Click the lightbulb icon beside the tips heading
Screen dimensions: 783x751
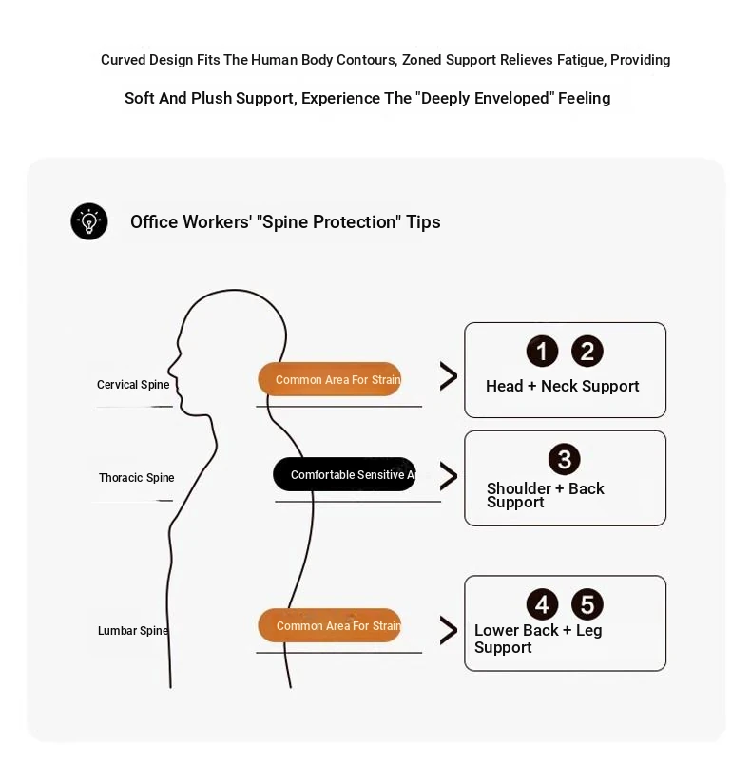(x=89, y=221)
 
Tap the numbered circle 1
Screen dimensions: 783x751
(x=542, y=352)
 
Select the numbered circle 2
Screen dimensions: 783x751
(x=587, y=352)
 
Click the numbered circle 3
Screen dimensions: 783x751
(x=565, y=460)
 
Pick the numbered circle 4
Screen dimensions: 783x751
(x=542, y=604)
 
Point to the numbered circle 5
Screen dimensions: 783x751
(x=587, y=604)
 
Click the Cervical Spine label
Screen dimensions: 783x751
(x=133, y=385)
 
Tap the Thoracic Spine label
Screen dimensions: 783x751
(x=137, y=478)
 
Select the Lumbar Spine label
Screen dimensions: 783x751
(x=133, y=631)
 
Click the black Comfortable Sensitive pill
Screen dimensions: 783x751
(x=344, y=474)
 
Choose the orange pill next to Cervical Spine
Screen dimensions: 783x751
(x=330, y=380)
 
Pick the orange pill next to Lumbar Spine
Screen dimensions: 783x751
(x=330, y=626)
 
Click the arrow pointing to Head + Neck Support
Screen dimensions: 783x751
(x=448, y=376)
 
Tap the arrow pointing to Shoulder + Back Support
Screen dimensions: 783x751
(x=448, y=476)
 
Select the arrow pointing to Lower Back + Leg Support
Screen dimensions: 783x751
(x=448, y=630)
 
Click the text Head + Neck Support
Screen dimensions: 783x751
(x=562, y=386)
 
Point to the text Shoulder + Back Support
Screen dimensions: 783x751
(x=545, y=495)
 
